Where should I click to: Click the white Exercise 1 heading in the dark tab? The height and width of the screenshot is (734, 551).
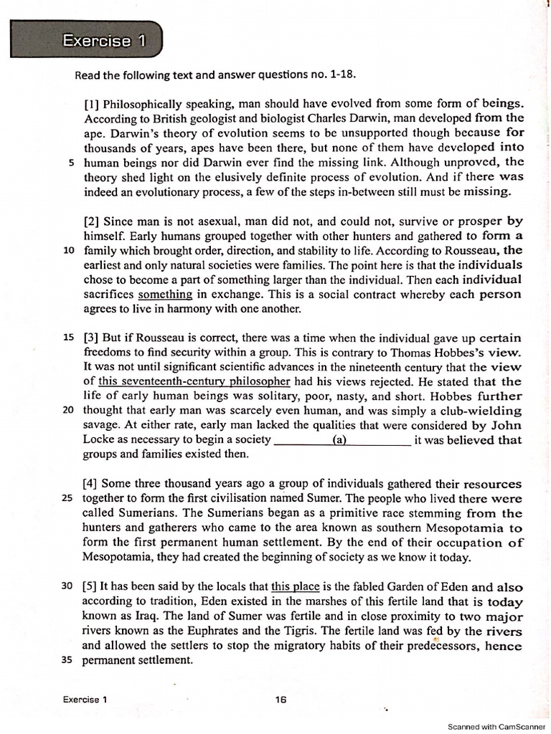click(103, 41)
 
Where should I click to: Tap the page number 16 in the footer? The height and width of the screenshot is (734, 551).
click(281, 700)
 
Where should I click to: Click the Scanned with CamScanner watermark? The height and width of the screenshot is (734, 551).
click(496, 726)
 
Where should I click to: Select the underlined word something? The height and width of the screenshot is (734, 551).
click(165, 294)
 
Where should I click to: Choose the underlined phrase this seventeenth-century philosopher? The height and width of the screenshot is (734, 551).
click(194, 381)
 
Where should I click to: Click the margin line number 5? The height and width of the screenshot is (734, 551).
click(71, 163)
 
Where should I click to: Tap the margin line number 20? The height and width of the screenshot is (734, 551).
click(68, 411)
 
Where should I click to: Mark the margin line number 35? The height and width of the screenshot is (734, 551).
click(68, 660)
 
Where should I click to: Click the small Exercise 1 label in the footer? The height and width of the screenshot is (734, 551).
click(85, 700)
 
